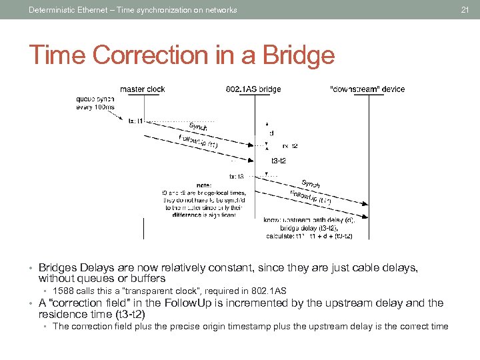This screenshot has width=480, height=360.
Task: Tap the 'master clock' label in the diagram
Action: coord(142,89)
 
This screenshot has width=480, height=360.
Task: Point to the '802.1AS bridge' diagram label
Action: coord(253,89)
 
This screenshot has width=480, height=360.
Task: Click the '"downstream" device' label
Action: coord(367,89)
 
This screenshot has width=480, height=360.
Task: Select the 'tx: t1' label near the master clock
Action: coord(136,121)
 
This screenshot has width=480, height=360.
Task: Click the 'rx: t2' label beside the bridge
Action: coord(290,145)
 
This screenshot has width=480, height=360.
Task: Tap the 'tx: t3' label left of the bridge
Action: coord(237,177)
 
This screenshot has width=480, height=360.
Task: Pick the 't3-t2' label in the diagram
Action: coord(279,161)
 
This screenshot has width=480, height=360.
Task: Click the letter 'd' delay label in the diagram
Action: coord(271,133)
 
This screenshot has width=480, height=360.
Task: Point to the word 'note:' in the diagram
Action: coord(205,185)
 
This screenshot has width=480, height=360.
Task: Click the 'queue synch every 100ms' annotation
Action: coord(95,103)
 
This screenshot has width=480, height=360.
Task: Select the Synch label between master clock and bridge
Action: coord(198,126)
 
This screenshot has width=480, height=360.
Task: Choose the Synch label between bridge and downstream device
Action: coord(311,183)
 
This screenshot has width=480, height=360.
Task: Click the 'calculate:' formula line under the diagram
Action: coord(308,236)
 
